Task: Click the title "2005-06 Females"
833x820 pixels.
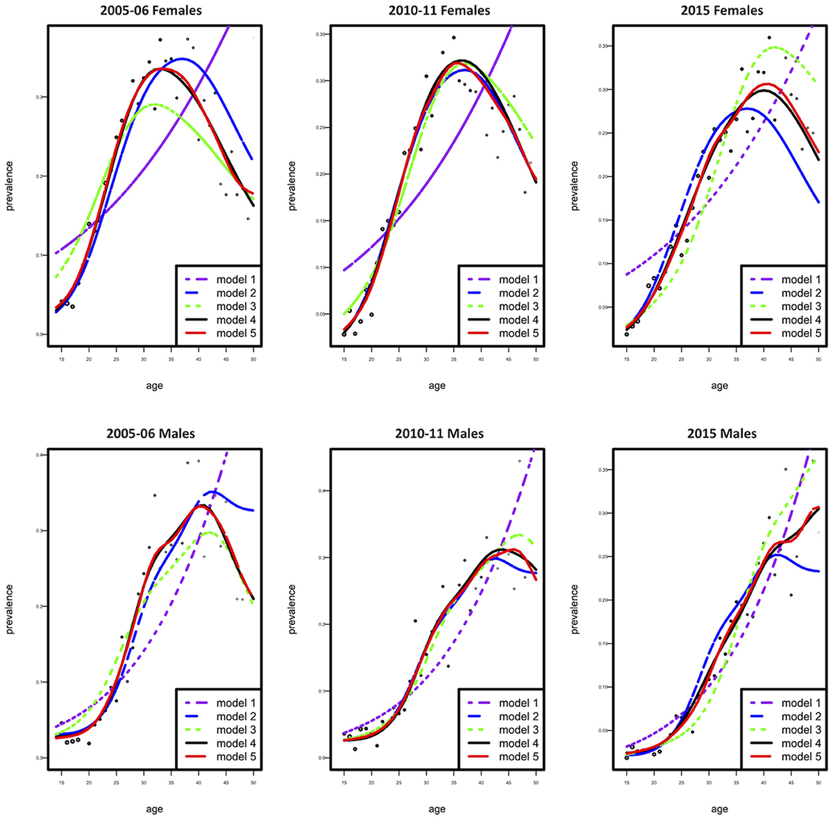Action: click(x=153, y=10)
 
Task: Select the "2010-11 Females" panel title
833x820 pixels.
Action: click(x=437, y=10)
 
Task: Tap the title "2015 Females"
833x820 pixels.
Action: click(x=719, y=10)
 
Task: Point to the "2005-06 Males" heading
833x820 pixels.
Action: click(x=151, y=434)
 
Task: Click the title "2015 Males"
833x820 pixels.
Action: click(x=719, y=434)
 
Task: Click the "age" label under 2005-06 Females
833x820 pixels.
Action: click(x=154, y=386)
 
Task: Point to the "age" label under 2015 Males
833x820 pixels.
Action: click(x=719, y=809)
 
